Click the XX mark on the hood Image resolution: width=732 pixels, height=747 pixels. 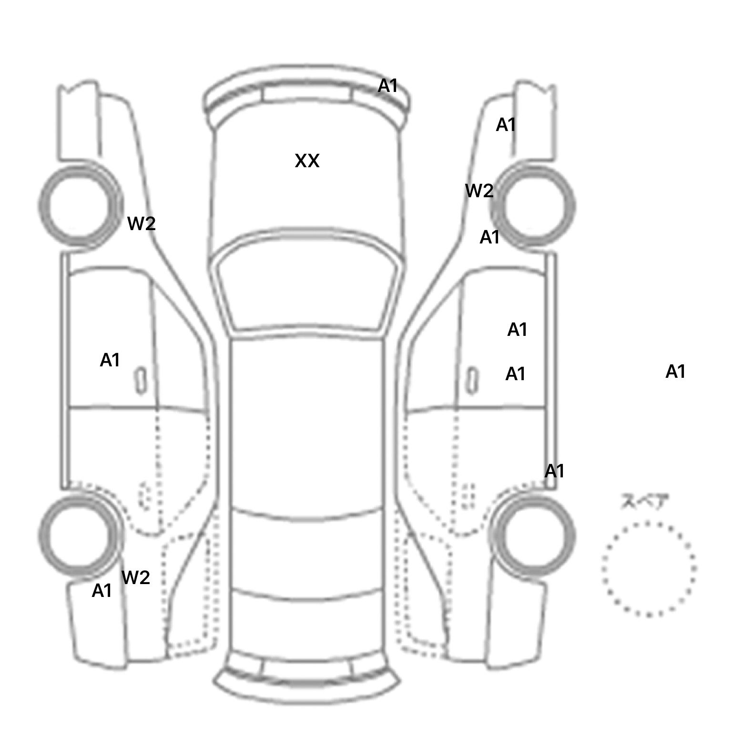tap(307, 161)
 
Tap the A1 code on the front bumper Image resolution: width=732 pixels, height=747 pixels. tap(387, 86)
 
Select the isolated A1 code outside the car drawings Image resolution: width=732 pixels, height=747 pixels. tap(675, 372)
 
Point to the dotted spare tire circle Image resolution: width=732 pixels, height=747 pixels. tap(649, 569)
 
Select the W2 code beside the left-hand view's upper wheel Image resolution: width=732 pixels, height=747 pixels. tap(141, 223)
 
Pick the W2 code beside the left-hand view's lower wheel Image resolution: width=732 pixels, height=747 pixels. tap(136, 578)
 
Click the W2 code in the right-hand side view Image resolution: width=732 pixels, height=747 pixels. tap(479, 191)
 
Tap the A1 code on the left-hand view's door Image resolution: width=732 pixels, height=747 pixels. tap(110, 361)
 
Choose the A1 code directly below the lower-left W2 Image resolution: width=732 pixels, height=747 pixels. tap(102, 591)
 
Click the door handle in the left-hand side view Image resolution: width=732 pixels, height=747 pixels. tap(141, 381)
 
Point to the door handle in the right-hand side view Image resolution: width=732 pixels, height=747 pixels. tap(472, 381)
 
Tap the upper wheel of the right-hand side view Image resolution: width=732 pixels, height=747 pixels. tap(534, 206)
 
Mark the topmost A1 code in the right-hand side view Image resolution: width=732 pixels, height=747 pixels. tap(506, 125)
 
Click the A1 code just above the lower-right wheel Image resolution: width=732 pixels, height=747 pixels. tap(554, 471)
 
